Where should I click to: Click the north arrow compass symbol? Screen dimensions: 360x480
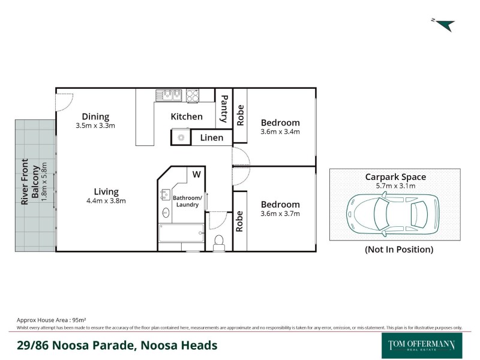[x=444, y=25]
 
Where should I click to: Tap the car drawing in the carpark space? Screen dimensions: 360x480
[x=388, y=213]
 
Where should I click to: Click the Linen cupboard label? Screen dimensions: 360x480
[x=211, y=138]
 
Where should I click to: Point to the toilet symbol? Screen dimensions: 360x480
[x=219, y=241]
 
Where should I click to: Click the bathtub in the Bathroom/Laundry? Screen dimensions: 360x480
[x=181, y=233]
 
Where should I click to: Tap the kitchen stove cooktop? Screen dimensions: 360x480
[x=193, y=95]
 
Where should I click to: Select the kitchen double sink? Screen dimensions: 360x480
[x=170, y=95]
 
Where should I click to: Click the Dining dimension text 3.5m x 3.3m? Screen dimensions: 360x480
[x=95, y=126]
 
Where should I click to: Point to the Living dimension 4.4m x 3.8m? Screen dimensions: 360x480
[x=106, y=201]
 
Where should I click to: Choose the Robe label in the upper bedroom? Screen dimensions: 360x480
[x=240, y=116]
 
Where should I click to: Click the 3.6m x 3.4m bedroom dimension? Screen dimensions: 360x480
[x=280, y=131]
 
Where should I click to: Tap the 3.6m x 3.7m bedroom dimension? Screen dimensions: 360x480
[x=280, y=213]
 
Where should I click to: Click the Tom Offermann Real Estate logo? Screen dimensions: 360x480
[x=422, y=345]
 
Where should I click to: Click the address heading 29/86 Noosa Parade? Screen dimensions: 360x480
[x=116, y=346]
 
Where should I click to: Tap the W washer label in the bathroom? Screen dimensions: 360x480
[x=196, y=175]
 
